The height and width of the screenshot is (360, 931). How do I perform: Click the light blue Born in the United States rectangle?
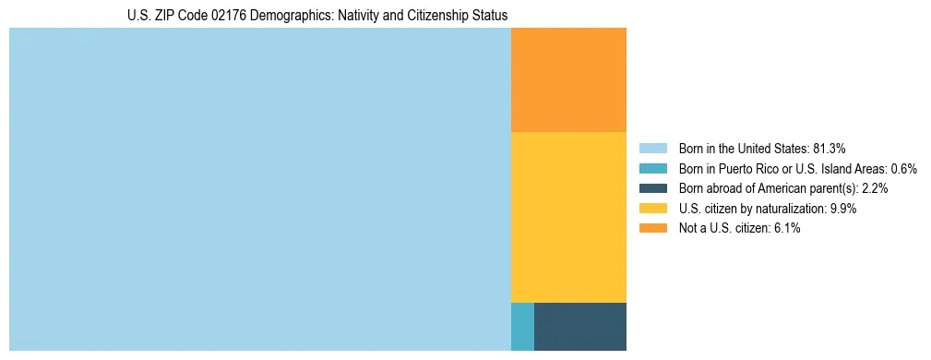point(259,189)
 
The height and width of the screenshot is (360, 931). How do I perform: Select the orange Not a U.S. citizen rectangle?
point(568,80)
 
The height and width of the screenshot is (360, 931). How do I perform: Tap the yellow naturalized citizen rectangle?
point(568,217)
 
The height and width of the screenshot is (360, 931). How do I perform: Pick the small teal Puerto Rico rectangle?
point(522,326)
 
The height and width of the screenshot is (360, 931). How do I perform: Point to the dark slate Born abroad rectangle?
point(580,326)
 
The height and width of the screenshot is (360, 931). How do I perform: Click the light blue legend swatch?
point(653,149)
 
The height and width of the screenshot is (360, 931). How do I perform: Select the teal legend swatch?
point(653,169)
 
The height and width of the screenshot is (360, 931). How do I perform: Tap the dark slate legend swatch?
point(653,188)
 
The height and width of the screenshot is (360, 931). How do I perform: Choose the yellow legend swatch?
point(653,209)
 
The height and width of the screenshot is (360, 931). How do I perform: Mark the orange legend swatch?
point(653,229)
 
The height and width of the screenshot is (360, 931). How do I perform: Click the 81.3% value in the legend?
point(830,149)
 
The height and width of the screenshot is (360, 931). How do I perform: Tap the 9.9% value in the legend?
point(843,209)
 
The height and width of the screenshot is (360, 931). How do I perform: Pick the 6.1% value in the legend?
point(787,229)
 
